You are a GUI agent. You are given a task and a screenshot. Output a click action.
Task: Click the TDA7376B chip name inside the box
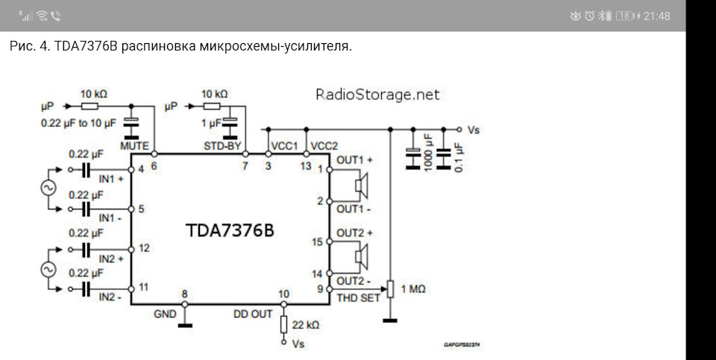point(230,230)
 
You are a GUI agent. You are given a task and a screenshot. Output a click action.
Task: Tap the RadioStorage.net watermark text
point(377,95)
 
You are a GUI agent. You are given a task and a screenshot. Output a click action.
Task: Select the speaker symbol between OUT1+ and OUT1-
point(362,186)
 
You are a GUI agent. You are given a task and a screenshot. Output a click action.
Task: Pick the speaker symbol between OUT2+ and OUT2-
point(362,257)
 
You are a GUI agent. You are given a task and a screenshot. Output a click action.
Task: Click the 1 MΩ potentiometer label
point(412,289)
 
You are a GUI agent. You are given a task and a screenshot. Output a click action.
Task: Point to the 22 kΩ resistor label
point(306,325)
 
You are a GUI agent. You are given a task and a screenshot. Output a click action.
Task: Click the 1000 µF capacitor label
point(428,153)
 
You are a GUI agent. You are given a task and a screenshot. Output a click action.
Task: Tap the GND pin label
point(165,314)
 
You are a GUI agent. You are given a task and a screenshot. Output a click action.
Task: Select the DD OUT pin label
point(253,314)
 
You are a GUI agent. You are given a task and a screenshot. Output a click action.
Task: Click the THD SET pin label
point(359,298)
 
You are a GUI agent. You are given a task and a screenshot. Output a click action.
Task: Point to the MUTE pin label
point(134,146)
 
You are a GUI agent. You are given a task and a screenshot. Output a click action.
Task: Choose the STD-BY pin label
point(222,146)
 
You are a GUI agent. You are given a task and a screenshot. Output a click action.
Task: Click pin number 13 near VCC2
point(306,166)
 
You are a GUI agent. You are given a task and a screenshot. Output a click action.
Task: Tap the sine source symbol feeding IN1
point(48,188)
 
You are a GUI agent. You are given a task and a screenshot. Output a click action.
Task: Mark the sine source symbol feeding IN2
point(48,269)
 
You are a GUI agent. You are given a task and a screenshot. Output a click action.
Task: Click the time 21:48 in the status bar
point(656,16)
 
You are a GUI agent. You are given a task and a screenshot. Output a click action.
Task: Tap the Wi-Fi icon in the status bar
point(42,16)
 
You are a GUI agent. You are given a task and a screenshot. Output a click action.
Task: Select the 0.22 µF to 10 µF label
point(78,123)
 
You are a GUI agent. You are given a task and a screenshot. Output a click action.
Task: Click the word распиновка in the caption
point(159,46)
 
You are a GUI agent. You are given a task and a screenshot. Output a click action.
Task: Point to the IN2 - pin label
point(110,298)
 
